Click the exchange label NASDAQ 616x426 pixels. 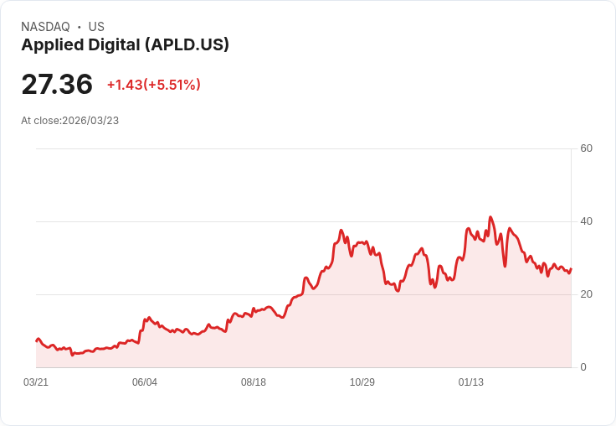(45, 27)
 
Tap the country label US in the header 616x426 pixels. (96, 27)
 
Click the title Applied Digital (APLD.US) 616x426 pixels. (125, 45)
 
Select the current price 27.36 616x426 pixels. (57, 85)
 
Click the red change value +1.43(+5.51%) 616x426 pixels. (153, 85)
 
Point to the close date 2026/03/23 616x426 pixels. (90, 121)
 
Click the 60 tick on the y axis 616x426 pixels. (586, 148)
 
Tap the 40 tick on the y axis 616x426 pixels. (586, 221)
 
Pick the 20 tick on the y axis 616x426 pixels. (586, 294)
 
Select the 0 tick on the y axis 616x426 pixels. (583, 367)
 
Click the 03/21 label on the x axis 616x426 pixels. (36, 382)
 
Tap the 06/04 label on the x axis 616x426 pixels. (145, 382)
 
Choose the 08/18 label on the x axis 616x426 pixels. (254, 382)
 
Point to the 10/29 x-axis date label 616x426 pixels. (362, 382)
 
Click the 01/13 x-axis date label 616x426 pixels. (471, 382)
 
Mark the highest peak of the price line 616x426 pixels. (490, 217)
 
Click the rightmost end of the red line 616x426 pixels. (571, 269)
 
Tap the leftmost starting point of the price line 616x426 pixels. (36, 340)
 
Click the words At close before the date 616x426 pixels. (40, 121)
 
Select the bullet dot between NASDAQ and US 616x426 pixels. (80, 27)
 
